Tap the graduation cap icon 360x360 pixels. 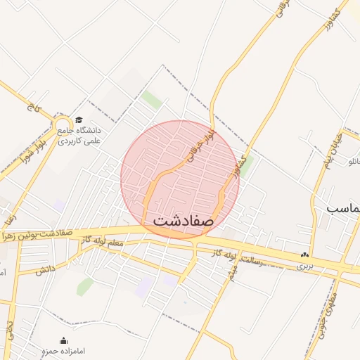click(79, 120)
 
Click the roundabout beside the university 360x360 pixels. click(62, 125)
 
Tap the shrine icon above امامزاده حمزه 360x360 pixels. click(64, 340)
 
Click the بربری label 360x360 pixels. click(304, 266)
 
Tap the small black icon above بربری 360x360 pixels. click(304, 255)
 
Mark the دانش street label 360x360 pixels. click(45, 269)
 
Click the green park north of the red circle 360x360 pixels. click(151, 99)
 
